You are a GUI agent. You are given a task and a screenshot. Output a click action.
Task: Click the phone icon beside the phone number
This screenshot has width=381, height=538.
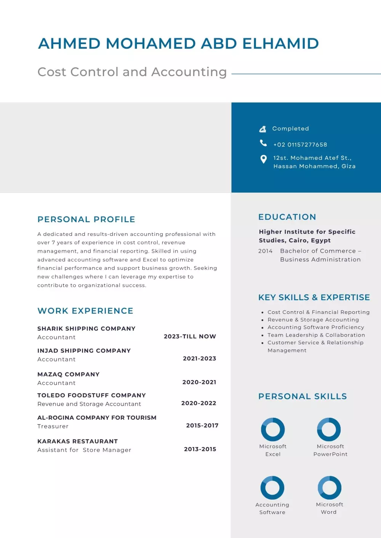coord(263,143)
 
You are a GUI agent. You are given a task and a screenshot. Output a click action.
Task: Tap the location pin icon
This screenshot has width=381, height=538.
coord(263,159)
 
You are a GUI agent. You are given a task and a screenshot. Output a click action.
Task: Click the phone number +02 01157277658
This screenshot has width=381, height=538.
coord(300,145)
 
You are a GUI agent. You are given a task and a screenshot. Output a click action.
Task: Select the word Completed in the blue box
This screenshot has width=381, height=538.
coord(290,129)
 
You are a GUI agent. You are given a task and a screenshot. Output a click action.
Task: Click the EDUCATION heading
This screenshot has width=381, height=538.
coord(287,217)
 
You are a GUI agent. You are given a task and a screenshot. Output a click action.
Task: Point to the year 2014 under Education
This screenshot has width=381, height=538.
coord(265,251)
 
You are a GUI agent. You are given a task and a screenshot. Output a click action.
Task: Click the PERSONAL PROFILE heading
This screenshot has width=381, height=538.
coord(86,220)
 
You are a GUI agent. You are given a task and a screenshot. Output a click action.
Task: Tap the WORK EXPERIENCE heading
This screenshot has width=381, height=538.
coord(85,311)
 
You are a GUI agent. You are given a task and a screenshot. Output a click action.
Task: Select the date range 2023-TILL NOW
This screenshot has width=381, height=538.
coord(190,336)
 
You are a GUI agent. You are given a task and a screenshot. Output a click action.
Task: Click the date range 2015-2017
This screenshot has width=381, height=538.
coord(202,425)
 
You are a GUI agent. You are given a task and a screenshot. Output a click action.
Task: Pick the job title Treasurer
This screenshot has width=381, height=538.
coord(53,426)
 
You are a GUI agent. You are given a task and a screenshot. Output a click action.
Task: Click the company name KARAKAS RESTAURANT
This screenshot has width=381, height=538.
coord(77,441)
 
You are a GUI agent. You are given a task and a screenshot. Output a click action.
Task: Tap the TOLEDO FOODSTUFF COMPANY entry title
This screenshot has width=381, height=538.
coord(91,395)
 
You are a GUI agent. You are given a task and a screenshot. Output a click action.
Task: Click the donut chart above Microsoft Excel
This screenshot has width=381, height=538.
coord(273,429)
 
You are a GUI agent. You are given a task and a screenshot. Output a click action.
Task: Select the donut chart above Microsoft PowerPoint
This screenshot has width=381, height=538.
coord(329,429)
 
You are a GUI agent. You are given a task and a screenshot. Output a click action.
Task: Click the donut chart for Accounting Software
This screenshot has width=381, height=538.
coord(272,487)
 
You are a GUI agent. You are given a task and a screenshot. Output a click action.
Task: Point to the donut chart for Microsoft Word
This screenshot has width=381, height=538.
coord(330,487)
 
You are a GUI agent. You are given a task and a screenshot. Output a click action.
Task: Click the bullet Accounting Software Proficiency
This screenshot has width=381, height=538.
coord(315,327)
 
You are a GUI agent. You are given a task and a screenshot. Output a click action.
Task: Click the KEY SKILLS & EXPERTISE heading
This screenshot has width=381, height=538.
coord(314,298)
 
